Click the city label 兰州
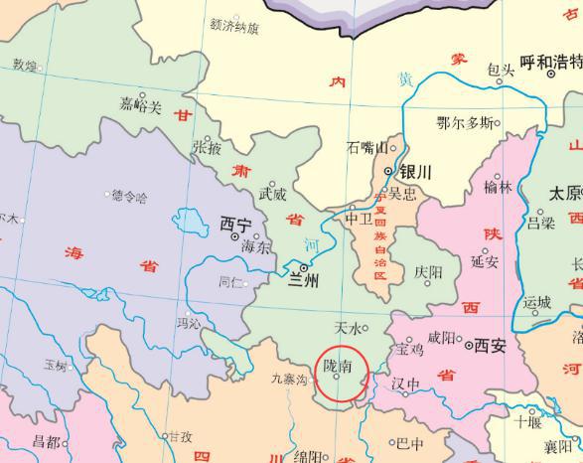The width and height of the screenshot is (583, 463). coord(305,282)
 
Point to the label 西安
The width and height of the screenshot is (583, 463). coord(491,346)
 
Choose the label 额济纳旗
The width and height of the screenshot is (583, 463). coord(235,27)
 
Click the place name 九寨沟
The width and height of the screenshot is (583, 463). coord(290,378)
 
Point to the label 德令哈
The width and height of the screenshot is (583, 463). coord(129,197)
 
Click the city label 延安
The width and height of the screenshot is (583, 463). coord(485,262)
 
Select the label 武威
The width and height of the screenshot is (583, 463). coord(273,194)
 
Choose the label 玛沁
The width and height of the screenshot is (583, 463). coord(188,323)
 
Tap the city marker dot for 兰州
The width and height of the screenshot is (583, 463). coord(303,266)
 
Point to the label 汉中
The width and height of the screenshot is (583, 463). coord(405,385)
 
